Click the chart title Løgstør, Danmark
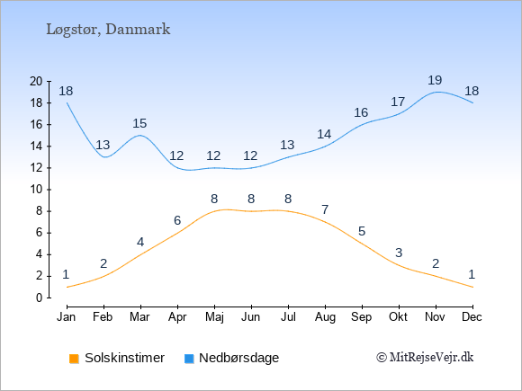pyautogui.click(x=108, y=30)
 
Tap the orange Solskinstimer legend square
pyautogui.click(x=74, y=359)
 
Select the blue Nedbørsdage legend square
pyautogui.click(x=189, y=359)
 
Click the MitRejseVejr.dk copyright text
pyautogui.click(x=425, y=358)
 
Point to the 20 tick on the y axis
pyautogui.click(x=36, y=81)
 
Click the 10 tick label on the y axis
pyautogui.click(x=36, y=190)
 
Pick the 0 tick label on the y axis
pyautogui.click(x=40, y=298)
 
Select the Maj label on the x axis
pyautogui.click(x=214, y=317)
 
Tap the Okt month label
pyautogui.click(x=398, y=317)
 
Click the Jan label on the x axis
pyautogui.click(x=67, y=317)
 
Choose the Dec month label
pyautogui.click(x=472, y=317)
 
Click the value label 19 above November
pyautogui.click(x=435, y=80)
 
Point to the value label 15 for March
pyautogui.click(x=139, y=124)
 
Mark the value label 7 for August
pyautogui.click(x=325, y=209)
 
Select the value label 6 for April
pyautogui.click(x=177, y=220)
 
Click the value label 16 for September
pyautogui.click(x=361, y=112)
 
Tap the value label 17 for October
pyautogui.click(x=398, y=102)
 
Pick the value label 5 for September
pyautogui.click(x=362, y=231)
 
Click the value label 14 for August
pyautogui.click(x=324, y=134)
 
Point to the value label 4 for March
pyautogui.click(x=140, y=242)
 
